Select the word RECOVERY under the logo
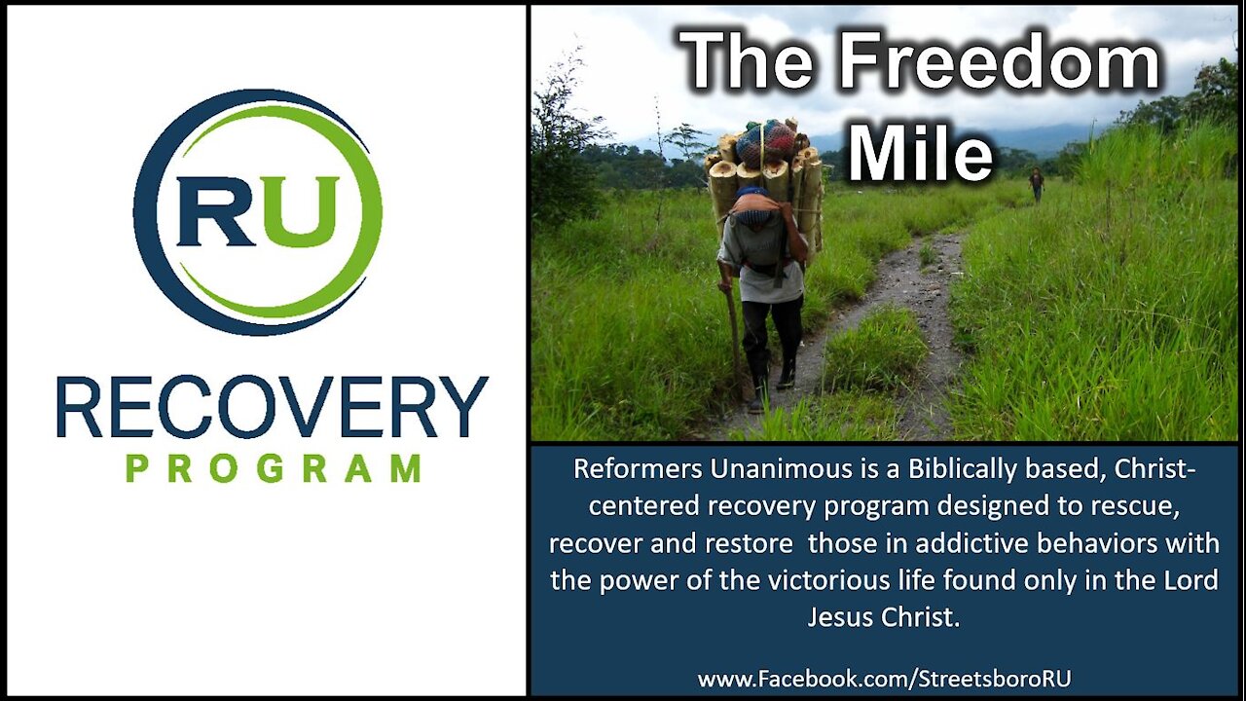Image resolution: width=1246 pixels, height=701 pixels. [272, 407]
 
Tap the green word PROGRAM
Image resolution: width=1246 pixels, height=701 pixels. [273, 468]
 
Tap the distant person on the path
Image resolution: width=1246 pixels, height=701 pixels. [1036, 182]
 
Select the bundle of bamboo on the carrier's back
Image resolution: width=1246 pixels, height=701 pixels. [769, 180]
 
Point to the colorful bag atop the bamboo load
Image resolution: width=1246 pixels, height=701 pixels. [765, 142]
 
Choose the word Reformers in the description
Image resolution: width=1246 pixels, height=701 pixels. [639, 468]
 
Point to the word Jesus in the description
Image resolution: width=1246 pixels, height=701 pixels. [839, 617]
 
